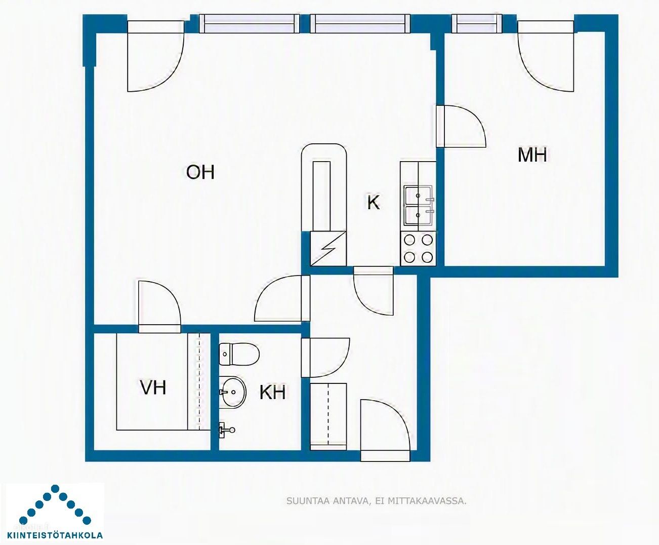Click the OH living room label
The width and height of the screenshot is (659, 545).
[x=200, y=172]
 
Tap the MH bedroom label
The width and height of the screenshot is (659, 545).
[x=532, y=155]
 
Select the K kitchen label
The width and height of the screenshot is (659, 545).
[x=374, y=202]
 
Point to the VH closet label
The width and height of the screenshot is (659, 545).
[x=153, y=387]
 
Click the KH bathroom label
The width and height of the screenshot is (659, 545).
[x=273, y=393]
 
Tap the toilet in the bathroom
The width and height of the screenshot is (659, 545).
[x=239, y=354]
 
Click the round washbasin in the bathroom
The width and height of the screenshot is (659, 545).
[x=233, y=392]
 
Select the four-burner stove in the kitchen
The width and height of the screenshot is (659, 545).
[x=418, y=249]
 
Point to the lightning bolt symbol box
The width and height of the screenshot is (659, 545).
[x=328, y=249]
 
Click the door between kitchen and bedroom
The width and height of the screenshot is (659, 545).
[x=461, y=126]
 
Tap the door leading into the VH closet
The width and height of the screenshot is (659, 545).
[x=160, y=306]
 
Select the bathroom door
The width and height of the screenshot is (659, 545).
[x=325, y=358]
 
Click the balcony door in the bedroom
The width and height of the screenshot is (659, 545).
[x=546, y=56]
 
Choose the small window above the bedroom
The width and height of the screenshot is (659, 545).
[x=477, y=24]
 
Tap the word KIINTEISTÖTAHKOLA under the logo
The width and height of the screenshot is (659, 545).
[x=55, y=535]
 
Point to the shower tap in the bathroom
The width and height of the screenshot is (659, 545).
[x=226, y=430]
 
